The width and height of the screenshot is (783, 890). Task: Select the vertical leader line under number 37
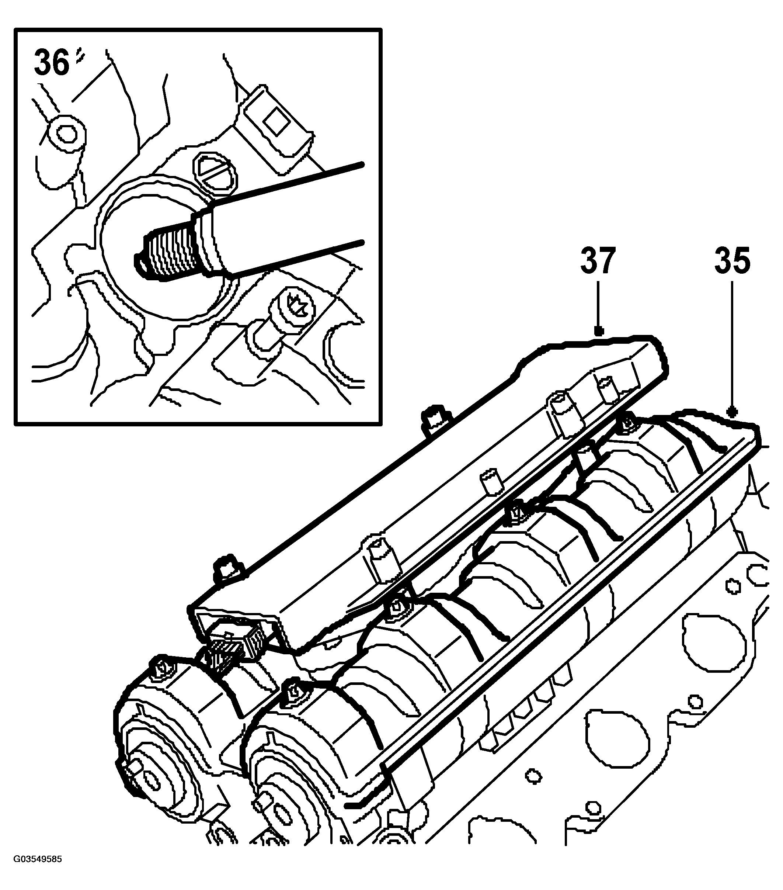(x=598, y=305)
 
